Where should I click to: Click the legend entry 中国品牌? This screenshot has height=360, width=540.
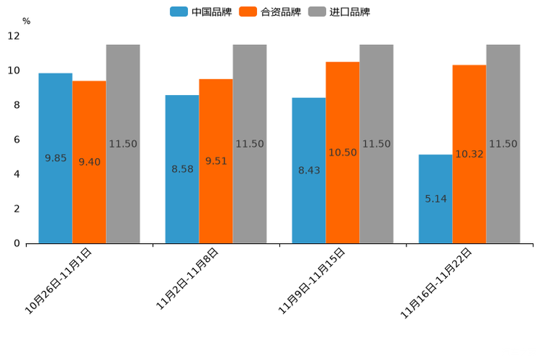tap(201, 12)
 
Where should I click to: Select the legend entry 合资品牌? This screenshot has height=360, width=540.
tap(270, 12)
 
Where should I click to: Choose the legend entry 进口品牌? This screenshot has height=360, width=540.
tap(339, 12)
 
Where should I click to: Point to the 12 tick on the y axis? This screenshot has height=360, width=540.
tap(14, 36)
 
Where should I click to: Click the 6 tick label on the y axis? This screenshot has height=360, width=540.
tap(17, 140)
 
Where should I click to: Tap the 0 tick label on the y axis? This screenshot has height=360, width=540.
tap(17, 244)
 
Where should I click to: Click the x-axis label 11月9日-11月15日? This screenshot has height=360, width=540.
tap(313, 281)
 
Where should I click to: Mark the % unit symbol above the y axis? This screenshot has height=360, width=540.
tap(26, 21)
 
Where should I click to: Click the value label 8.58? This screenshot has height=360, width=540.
tap(182, 169)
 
